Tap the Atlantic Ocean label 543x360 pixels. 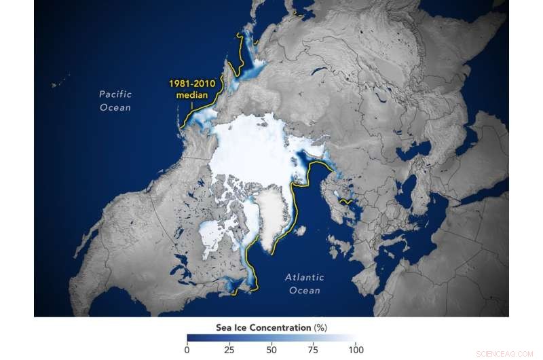point(304,284)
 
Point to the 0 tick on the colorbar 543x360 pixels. point(187,349)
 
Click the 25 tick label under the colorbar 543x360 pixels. point(229,349)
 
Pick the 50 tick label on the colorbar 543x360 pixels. point(271,349)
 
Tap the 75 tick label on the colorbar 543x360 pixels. point(313,349)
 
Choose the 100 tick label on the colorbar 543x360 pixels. point(354,349)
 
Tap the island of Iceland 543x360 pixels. point(300,231)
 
